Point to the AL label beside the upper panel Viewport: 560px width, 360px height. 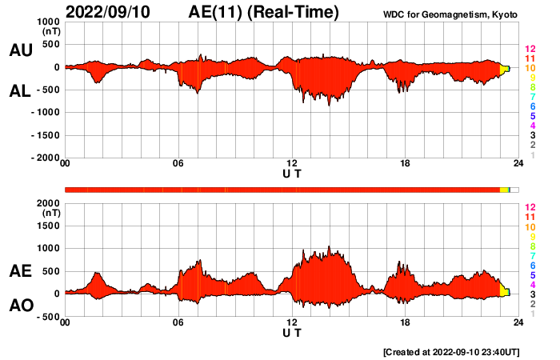point(20,91)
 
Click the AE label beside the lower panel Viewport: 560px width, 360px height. point(20,272)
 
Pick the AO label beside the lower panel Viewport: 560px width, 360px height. point(20,306)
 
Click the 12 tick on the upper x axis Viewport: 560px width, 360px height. point(292,164)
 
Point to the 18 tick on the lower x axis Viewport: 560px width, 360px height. point(406,323)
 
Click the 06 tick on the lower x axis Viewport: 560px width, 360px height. point(178,323)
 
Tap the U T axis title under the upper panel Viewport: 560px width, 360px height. point(292,174)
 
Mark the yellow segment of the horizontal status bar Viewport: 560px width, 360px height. point(504,189)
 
